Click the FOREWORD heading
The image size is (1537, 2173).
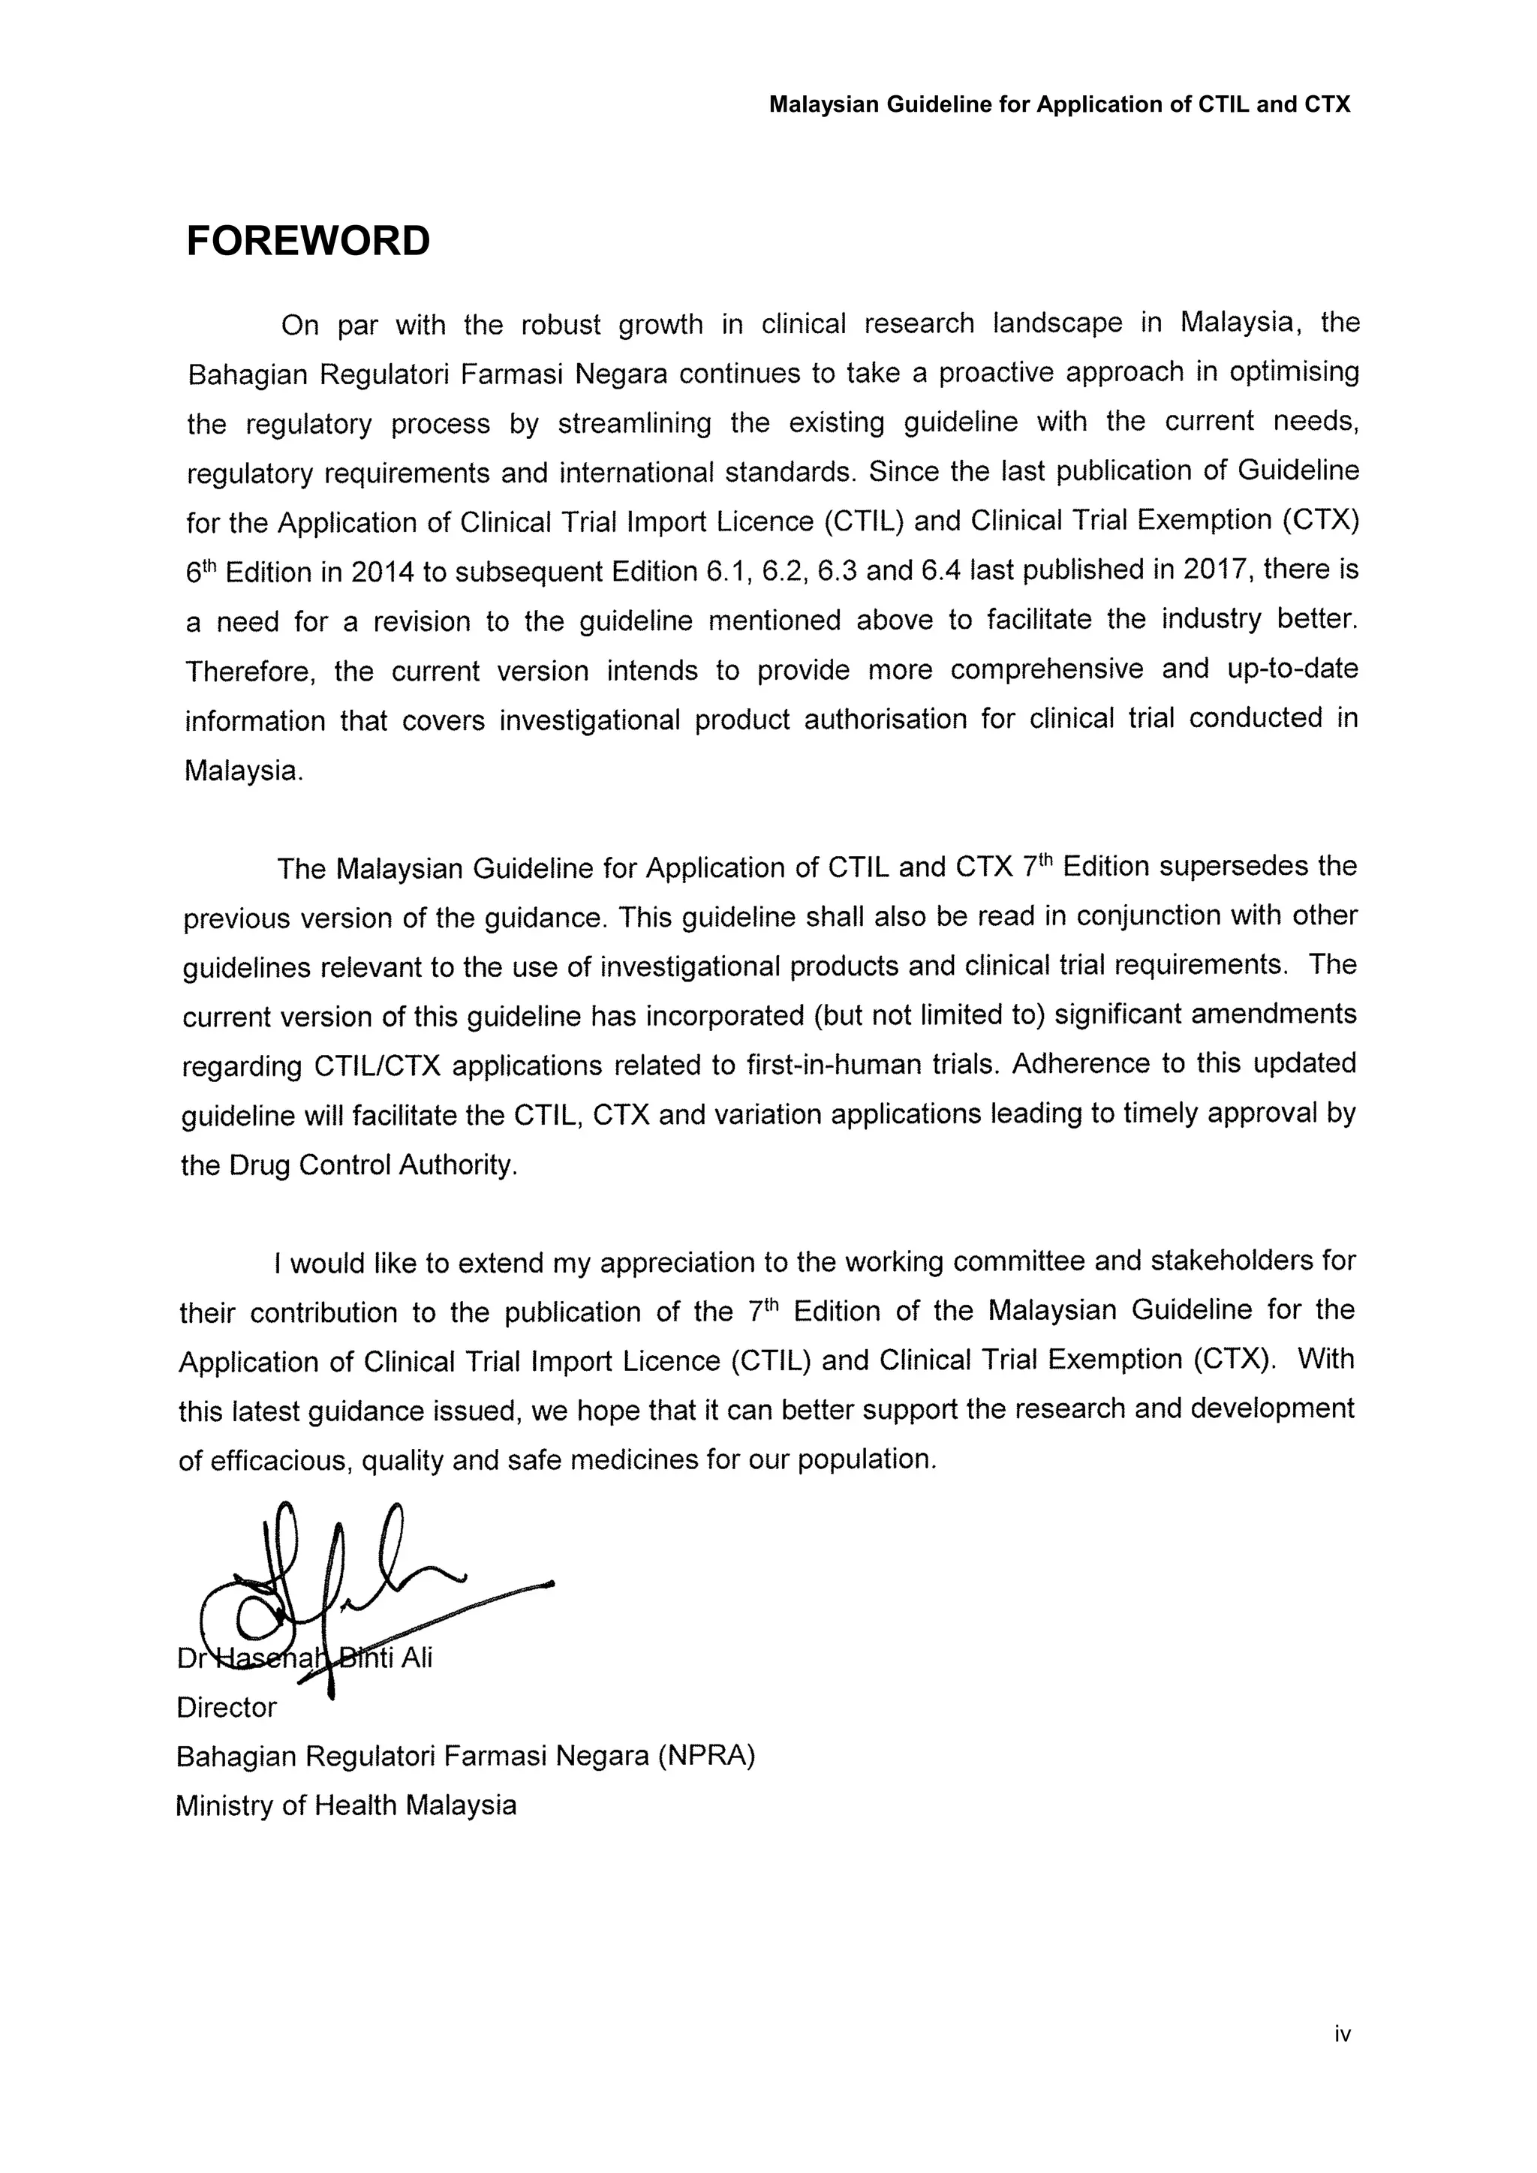tap(308, 242)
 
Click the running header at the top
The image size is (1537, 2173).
tap(1059, 105)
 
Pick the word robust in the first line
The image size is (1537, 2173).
tap(561, 325)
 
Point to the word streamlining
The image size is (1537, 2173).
tap(634, 423)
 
